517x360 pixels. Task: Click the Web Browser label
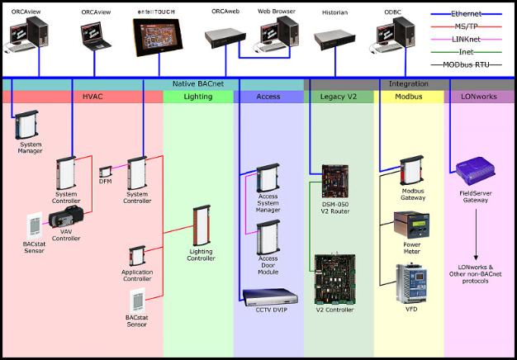coord(276,12)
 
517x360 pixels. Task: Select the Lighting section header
coord(198,97)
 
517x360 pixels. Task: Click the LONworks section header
coord(482,97)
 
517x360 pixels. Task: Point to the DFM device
coord(106,175)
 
